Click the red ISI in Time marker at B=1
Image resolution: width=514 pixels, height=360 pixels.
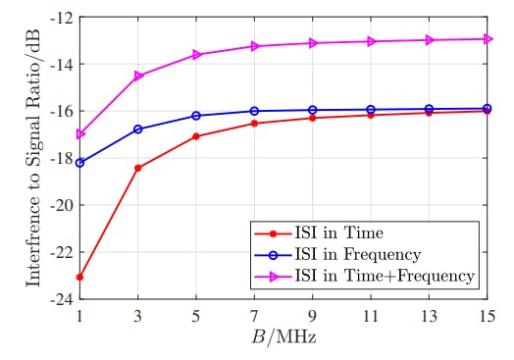(79, 277)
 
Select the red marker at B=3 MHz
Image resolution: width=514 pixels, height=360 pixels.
(137, 168)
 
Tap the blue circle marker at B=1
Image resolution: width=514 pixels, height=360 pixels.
(79, 163)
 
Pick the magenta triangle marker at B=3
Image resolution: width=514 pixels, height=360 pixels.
(138, 76)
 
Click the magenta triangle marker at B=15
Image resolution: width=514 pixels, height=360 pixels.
(488, 38)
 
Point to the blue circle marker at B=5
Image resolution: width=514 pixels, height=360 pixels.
(196, 116)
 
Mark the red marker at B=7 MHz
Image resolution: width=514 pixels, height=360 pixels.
(254, 123)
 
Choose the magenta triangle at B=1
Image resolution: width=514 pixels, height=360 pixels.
(79, 134)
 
